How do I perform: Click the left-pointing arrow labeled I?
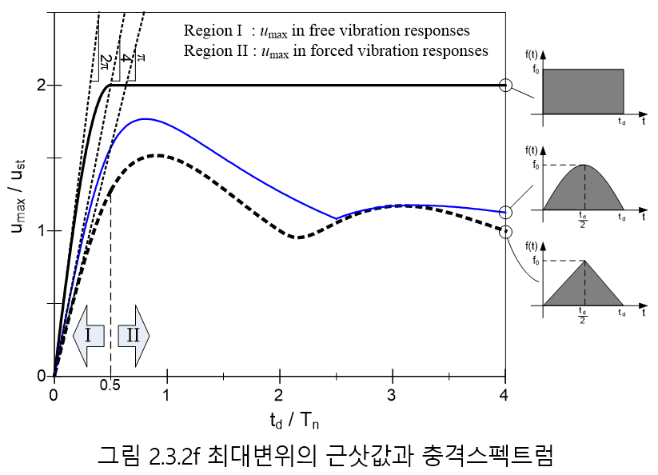tap(88, 335)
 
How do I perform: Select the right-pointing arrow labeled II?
tap(133, 335)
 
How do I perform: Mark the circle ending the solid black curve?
tap(505, 86)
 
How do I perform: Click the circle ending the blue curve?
tap(505, 213)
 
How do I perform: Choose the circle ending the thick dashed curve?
tap(505, 232)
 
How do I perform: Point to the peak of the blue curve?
tap(145, 119)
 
